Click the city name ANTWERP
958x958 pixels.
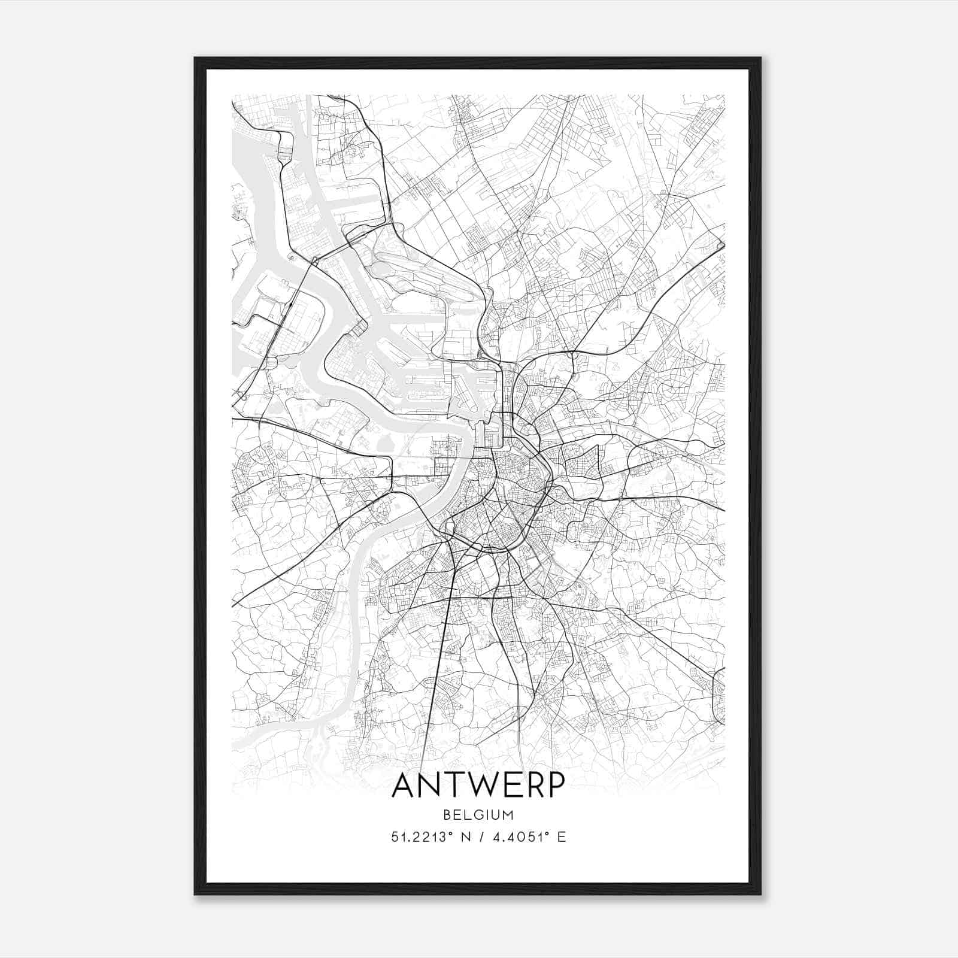pyautogui.click(x=478, y=786)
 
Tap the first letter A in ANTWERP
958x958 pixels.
pyautogui.click(x=405, y=786)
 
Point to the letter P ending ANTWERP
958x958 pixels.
pyautogui.click(x=555, y=786)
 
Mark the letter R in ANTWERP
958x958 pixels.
pyautogui.click(x=532, y=786)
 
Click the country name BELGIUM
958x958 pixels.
pyautogui.click(x=478, y=815)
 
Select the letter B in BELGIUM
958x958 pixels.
pyautogui.click(x=448, y=815)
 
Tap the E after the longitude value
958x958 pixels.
pyautogui.click(x=562, y=837)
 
